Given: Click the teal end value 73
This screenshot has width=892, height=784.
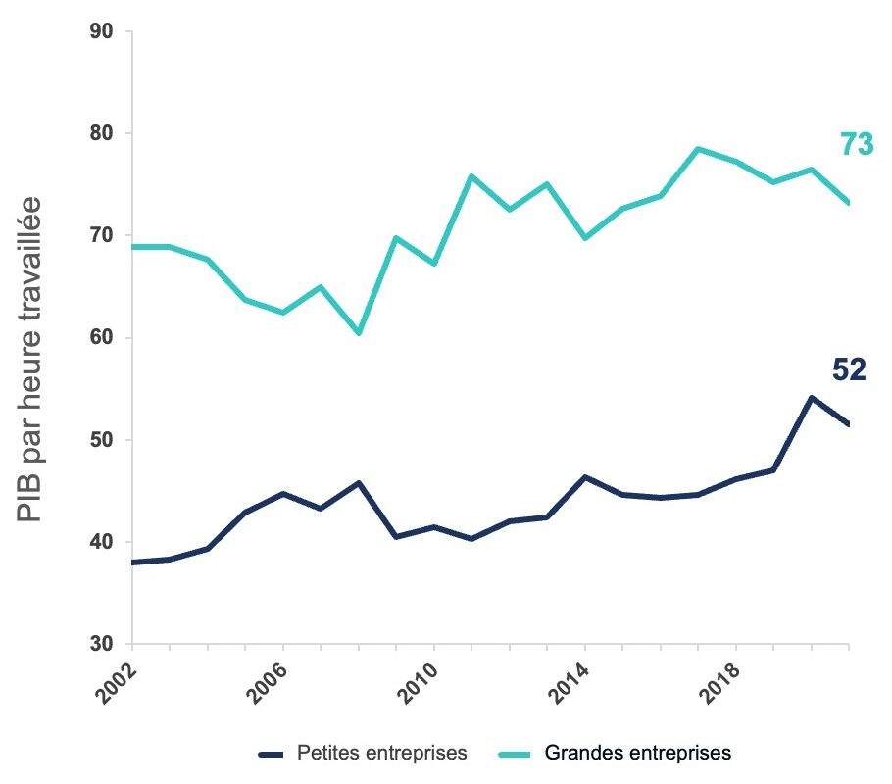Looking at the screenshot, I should [856, 145].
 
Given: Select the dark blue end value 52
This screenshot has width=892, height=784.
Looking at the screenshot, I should [849, 369].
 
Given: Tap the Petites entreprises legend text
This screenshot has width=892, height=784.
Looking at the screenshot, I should [380, 754].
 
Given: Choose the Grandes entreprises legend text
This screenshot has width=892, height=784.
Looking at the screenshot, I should [638, 754].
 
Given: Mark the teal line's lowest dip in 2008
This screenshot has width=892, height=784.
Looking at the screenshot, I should [359, 333].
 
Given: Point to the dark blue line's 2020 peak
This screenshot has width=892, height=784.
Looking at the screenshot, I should [812, 398].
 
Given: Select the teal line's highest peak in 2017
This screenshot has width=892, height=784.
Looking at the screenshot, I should [698, 149].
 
